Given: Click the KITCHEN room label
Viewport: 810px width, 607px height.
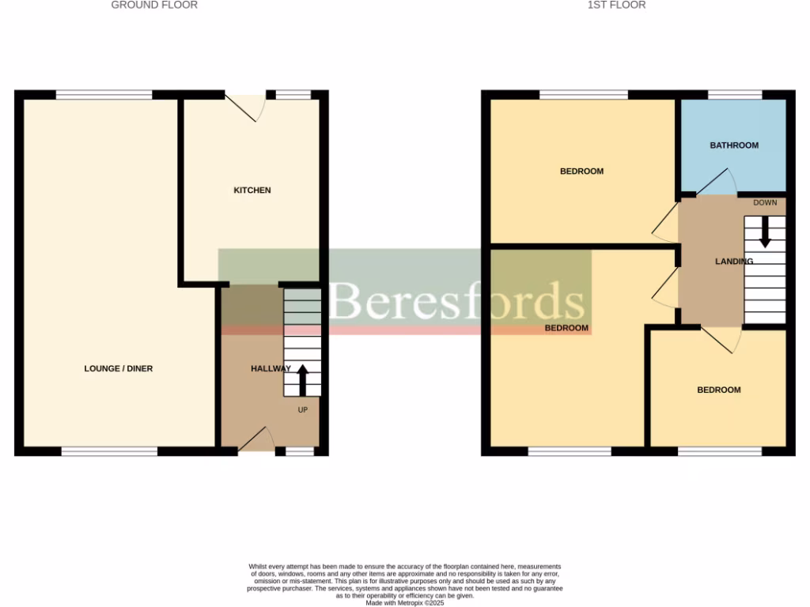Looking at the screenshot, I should pos(252,190).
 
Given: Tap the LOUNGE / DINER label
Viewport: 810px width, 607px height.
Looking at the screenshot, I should pos(119,369).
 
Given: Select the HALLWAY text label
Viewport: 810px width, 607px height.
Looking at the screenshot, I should pos(271,369).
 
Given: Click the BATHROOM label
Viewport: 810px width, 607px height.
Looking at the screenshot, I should pos(733,145).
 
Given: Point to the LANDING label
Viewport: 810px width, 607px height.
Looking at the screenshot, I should pos(733,262).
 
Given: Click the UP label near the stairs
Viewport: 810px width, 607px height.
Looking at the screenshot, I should pos(302,410).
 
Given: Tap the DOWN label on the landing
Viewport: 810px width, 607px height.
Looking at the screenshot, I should pos(765,203).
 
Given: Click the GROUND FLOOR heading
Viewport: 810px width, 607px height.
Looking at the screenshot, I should pos(154,5).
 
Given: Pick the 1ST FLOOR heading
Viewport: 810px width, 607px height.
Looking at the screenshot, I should pos(616,5).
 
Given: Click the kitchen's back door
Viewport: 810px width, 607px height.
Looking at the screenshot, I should pos(245,107).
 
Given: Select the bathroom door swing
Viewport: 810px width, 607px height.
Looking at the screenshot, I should pos(715,183).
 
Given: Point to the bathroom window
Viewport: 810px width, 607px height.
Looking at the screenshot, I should pos(735,95).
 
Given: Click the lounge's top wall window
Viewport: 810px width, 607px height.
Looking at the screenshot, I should pos(104,95).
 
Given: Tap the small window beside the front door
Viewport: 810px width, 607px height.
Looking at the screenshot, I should pos(299,451).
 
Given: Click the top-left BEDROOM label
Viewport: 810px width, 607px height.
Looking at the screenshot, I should pos(581,172).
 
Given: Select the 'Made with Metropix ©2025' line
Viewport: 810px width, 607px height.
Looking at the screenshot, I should pos(404,602).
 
